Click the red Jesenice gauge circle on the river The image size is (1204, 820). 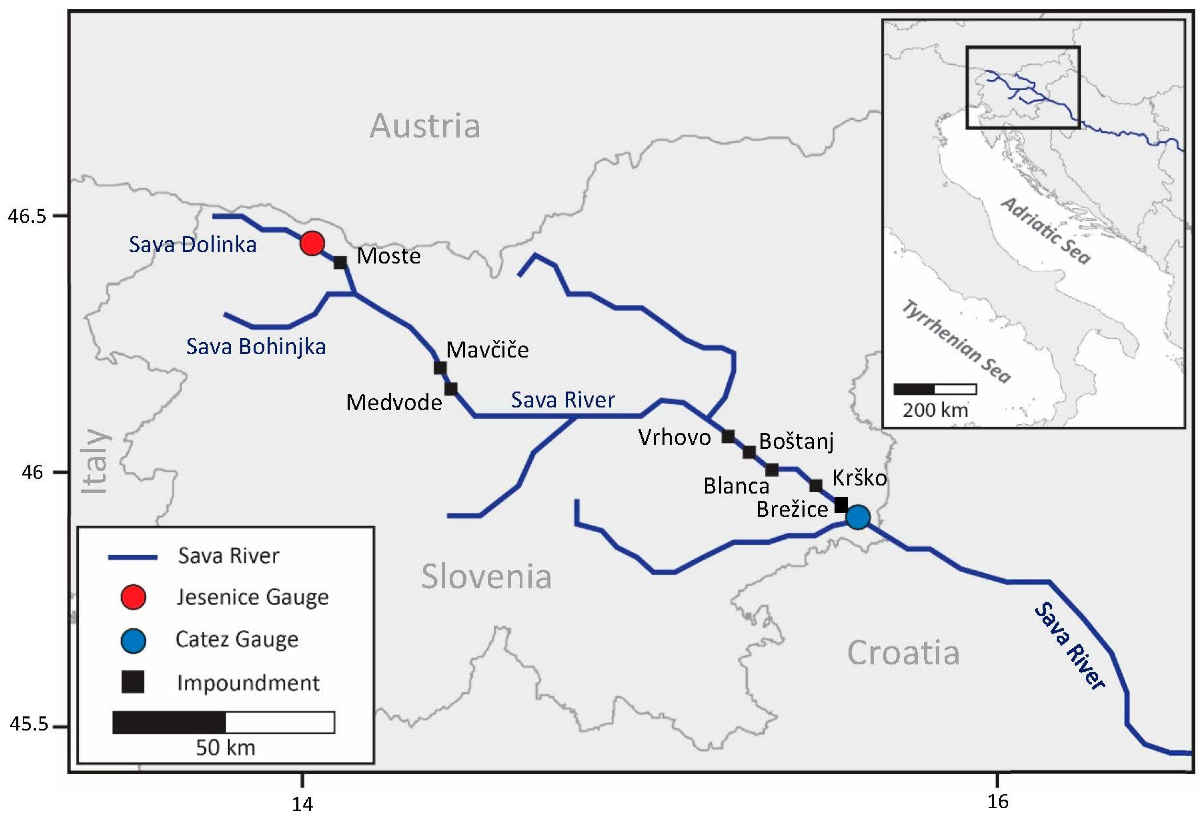point(312,243)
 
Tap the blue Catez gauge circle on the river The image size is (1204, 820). point(858,517)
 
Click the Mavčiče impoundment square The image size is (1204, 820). point(440,368)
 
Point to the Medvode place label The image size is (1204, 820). point(394,403)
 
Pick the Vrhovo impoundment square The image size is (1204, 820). point(728,437)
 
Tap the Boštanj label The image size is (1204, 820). point(796,442)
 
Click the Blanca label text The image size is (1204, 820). point(736,486)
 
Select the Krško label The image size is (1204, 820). point(859,478)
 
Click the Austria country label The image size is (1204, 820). point(425,126)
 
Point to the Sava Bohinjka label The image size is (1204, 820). point(256,347)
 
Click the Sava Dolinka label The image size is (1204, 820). point(192,245)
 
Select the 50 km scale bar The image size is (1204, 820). point(223,722)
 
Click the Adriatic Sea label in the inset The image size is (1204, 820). point(1045,231)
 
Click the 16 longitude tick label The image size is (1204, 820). point(997,801)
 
